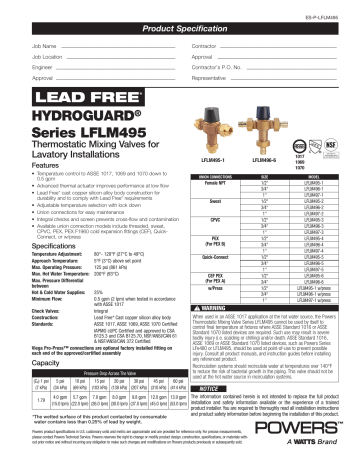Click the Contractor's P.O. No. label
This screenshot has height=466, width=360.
tap(214, 66)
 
